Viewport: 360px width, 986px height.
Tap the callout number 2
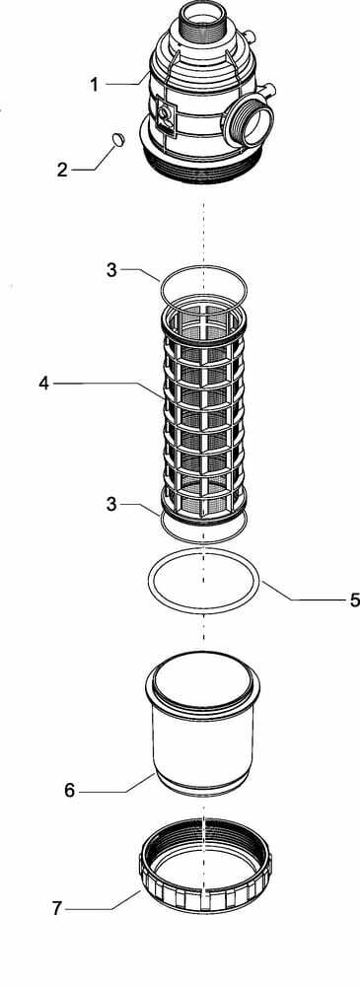(62, 170)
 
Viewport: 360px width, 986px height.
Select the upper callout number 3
(111, 270)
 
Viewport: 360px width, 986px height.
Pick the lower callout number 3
(111, 504)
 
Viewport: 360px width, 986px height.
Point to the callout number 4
(43, 383)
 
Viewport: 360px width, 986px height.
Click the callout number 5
(355, 599)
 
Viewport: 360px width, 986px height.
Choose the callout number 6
(70, 791)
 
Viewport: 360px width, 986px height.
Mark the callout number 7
(57, 909)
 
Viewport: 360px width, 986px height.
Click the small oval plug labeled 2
(117, 138)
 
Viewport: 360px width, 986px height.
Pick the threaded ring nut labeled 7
(204, 869)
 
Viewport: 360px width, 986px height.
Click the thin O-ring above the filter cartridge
(161, 289)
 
